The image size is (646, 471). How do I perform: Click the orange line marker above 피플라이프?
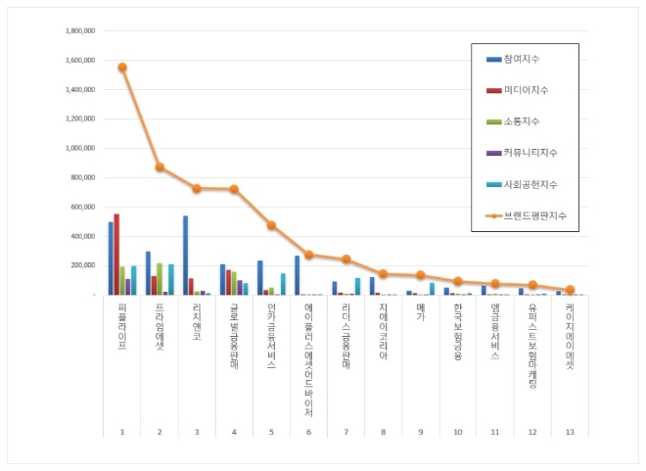point(122,68)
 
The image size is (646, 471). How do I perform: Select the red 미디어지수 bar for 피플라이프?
point(116,255)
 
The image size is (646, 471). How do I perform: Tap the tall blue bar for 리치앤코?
point(185,256)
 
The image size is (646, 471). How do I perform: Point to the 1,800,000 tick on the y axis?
point(78,30)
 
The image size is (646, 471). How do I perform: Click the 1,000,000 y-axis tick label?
point(78,148)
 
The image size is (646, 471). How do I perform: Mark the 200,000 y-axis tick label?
point(81,265)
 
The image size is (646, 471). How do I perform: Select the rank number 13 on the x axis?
point(570,431)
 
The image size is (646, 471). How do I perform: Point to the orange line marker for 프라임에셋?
point(160,167)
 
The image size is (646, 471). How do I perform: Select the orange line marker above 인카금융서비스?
point(271,225)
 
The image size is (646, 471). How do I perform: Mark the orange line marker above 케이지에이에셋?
point(570,290)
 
